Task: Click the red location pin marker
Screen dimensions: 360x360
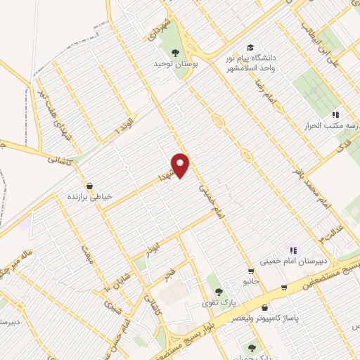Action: (181, 165)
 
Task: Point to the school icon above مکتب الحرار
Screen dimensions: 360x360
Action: (336, 114)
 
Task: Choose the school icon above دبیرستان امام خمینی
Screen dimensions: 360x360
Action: (293, 250)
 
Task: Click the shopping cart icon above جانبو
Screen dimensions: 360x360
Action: (250, 271)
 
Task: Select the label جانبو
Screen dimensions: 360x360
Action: (252, 282)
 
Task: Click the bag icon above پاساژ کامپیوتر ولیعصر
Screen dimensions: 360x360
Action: (264, 307)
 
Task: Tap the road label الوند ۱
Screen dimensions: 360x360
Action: (124, 124)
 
